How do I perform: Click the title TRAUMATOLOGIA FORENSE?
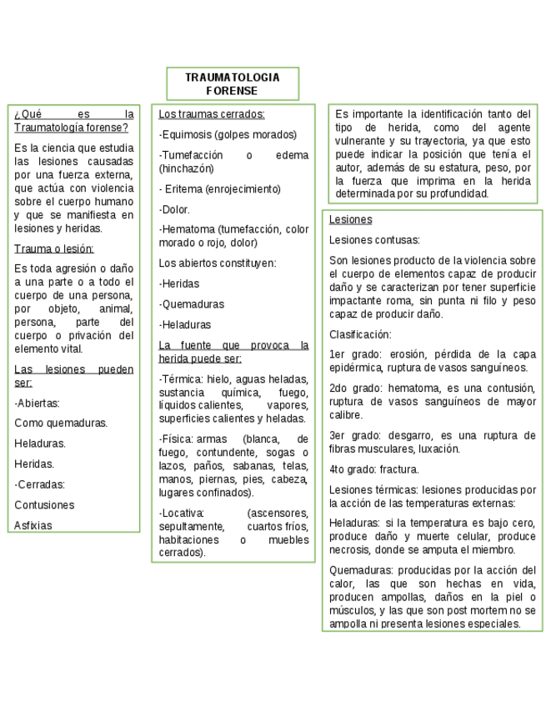232,83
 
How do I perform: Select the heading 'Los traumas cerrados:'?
212,114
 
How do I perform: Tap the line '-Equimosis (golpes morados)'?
228,134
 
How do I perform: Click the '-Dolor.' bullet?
174,209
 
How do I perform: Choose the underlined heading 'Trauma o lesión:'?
54,248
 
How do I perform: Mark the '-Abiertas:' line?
38,403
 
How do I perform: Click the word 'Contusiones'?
44,504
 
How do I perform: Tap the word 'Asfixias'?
33,525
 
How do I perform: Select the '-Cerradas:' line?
40,484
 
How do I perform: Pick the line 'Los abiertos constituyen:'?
218,263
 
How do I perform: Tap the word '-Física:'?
176,439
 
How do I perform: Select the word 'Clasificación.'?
359,333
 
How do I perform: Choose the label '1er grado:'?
354,353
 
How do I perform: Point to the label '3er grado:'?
355,435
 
